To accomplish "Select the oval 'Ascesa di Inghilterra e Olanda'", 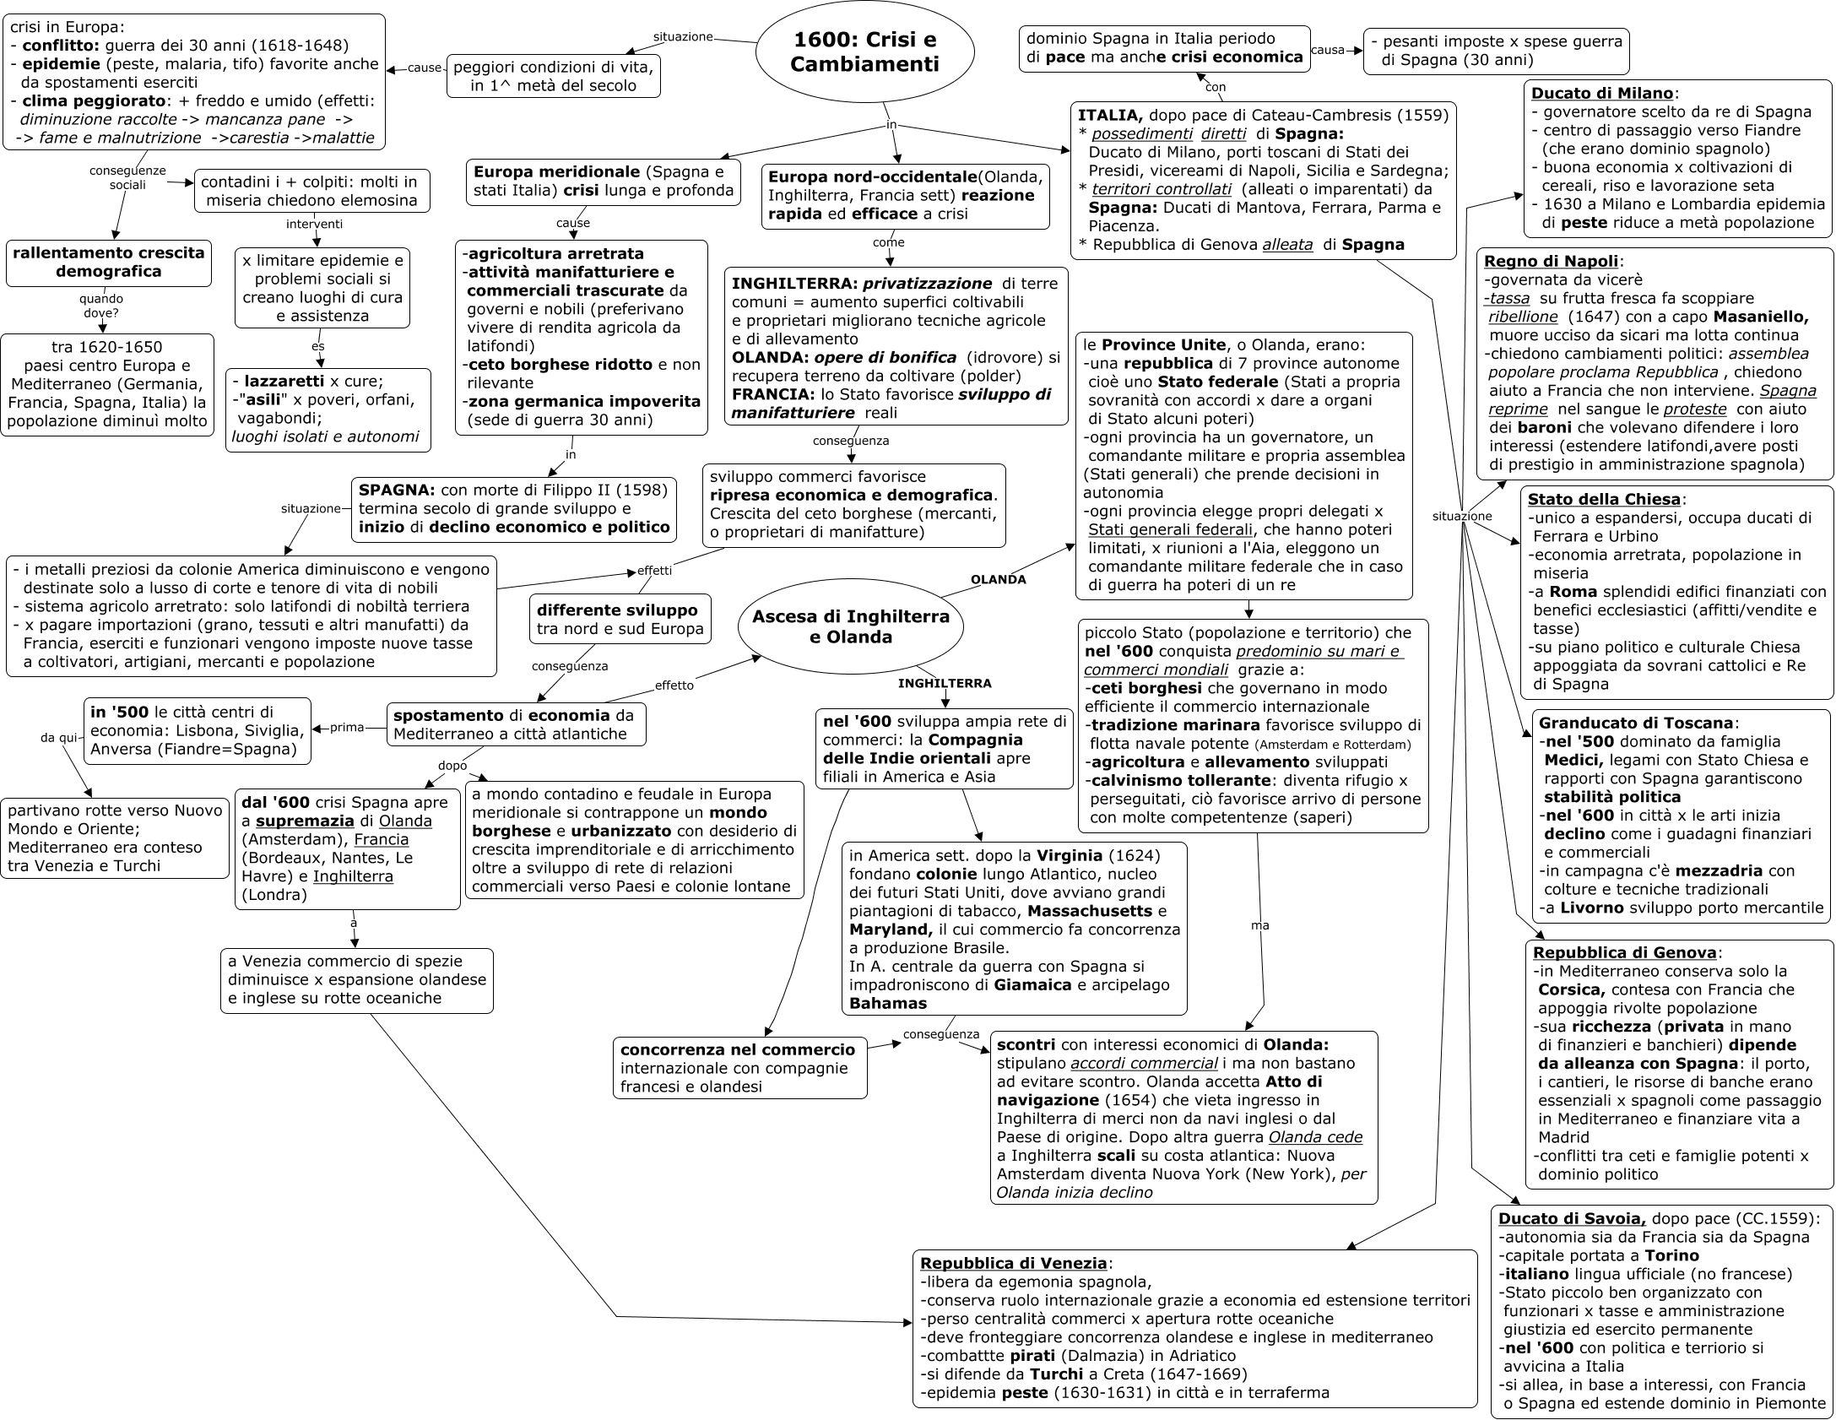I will [x=850, y=626].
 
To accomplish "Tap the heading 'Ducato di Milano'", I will [x=1601, y=94].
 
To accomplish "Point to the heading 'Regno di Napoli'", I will [x=1551, y=261].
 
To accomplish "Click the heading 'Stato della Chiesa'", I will [x=1604, y=499].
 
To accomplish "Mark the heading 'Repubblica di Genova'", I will [x=1625, y=952].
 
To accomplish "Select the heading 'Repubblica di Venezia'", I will [x=1013, y=1263].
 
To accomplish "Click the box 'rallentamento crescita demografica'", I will [x=109, y=262].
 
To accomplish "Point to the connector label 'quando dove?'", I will [x=101, y=306].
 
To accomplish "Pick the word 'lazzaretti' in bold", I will [x=284, y=381].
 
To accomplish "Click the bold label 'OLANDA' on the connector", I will [x=998, y=580].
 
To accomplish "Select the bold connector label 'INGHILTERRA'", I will [x=944, y=683].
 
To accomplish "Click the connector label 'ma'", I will [x=1259, y=925].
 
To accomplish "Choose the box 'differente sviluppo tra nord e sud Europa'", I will [x=620, y=620].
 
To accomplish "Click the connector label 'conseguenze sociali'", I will [x=127, y=177].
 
